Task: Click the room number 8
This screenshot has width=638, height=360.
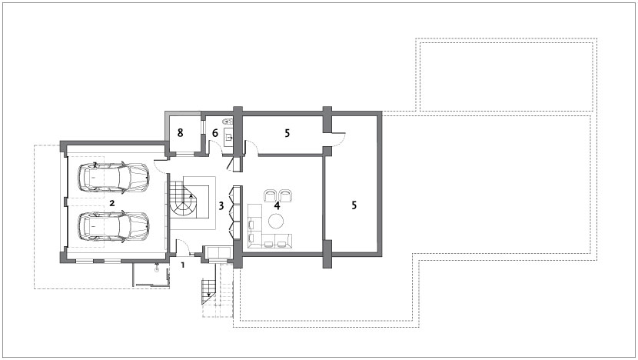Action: [x=180, y=132]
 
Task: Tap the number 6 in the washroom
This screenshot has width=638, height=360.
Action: [x=214, y=133]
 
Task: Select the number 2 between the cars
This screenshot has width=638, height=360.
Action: [x=112, y=202]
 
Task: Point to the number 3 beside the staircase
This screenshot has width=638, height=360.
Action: [x=221, y=205]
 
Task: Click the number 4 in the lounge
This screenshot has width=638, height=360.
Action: [x=277, y=205]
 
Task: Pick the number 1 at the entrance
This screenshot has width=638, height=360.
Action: [x=183, y=265]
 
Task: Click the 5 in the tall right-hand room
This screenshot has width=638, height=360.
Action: [x=354, y=205]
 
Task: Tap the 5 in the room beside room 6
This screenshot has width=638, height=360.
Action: [x=287, y=133]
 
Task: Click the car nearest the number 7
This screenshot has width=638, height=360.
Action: [x=114, y=178]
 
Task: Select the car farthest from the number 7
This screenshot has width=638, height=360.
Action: [x=114, y=227]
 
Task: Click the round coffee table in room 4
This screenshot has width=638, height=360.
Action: [x=275, y=222]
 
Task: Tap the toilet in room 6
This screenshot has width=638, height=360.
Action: [x=227, y=121]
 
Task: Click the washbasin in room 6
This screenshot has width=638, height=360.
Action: [x=228, y=138]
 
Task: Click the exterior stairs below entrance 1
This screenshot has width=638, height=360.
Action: [x=210, y=292]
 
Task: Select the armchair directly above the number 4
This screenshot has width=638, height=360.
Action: [x=285, y=196]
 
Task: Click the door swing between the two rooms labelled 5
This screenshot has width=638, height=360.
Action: [x=339, y=138]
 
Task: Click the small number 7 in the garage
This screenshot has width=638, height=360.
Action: [x=95, y=165]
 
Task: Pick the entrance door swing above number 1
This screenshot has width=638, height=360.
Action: [x=181, y=247]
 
